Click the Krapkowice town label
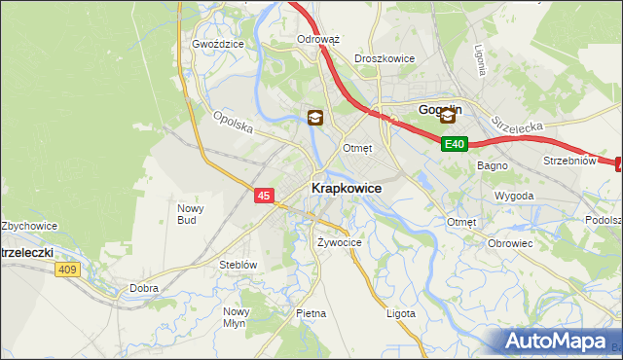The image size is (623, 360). (346, 188)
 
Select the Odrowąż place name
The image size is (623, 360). (317, 40)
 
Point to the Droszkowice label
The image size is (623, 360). (385, 58)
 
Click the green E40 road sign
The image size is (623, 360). (455, 144)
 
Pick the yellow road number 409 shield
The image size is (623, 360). (67, 270)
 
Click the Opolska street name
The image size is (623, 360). (233, 125)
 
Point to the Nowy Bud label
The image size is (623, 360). (188, 213)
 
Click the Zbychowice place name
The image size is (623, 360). (29, 226)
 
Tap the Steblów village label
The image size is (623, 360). (238, 265)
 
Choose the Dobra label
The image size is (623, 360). (143, 288)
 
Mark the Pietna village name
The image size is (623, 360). (311, 313)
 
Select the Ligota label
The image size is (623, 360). (400, 313)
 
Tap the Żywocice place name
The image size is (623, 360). (340, 241)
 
